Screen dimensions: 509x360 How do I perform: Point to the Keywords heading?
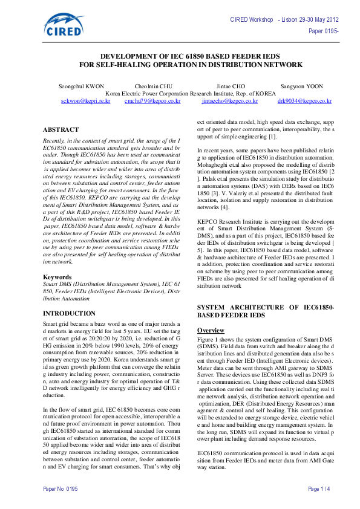pos(57,277)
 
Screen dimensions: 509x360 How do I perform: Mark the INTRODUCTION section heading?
pos(69,314)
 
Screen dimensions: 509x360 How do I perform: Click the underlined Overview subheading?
pos(211,331)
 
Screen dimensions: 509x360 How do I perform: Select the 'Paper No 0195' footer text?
pos(61,488)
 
